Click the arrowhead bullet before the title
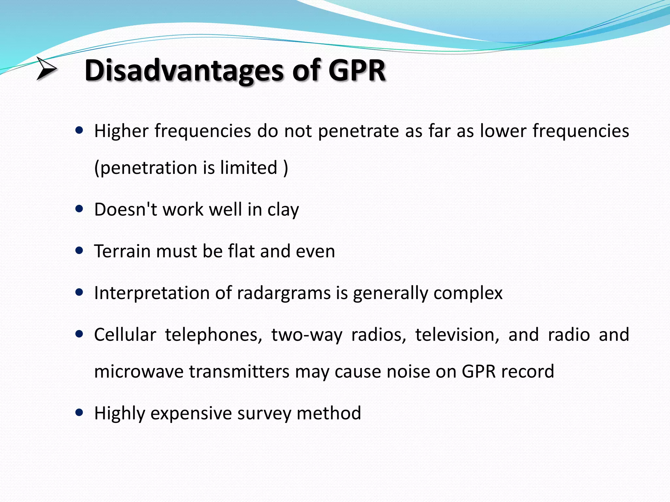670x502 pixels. (46, 68)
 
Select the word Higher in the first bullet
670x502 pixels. (121, 131)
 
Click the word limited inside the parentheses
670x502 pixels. (249, 168)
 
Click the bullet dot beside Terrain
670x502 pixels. (79, 251)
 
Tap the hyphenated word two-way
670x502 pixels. (307, 335)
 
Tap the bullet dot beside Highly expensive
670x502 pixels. (79, 412)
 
